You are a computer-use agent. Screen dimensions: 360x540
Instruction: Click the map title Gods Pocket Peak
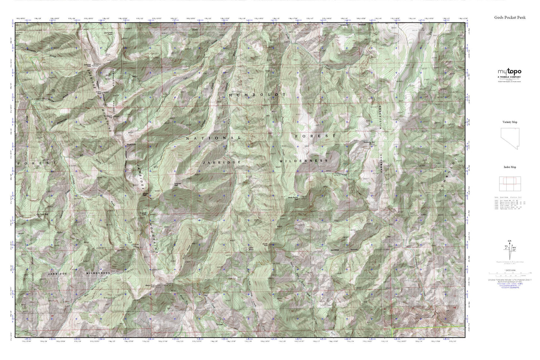tap(510, 17)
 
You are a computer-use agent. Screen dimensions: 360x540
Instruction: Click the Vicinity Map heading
tap(509, 122)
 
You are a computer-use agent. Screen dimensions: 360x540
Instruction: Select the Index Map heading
tap(509, 167)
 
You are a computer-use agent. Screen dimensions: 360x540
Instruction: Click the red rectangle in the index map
tap(510, 181)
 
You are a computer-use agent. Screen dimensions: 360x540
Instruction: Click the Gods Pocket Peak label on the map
tap(293, 198)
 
